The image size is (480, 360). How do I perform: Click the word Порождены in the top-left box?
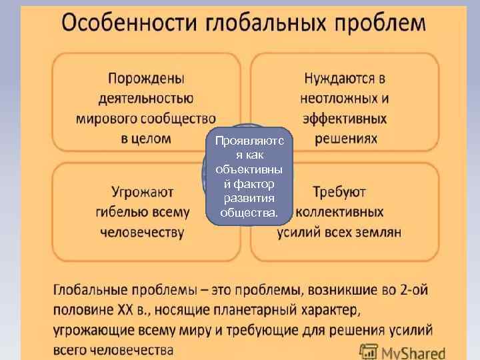[146, 79]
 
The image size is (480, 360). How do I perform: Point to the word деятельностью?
[146, 99]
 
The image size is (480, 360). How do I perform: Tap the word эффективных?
[345, 119]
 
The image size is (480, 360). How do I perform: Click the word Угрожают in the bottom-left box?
[143, 192]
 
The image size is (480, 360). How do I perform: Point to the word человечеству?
[142, 232]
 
